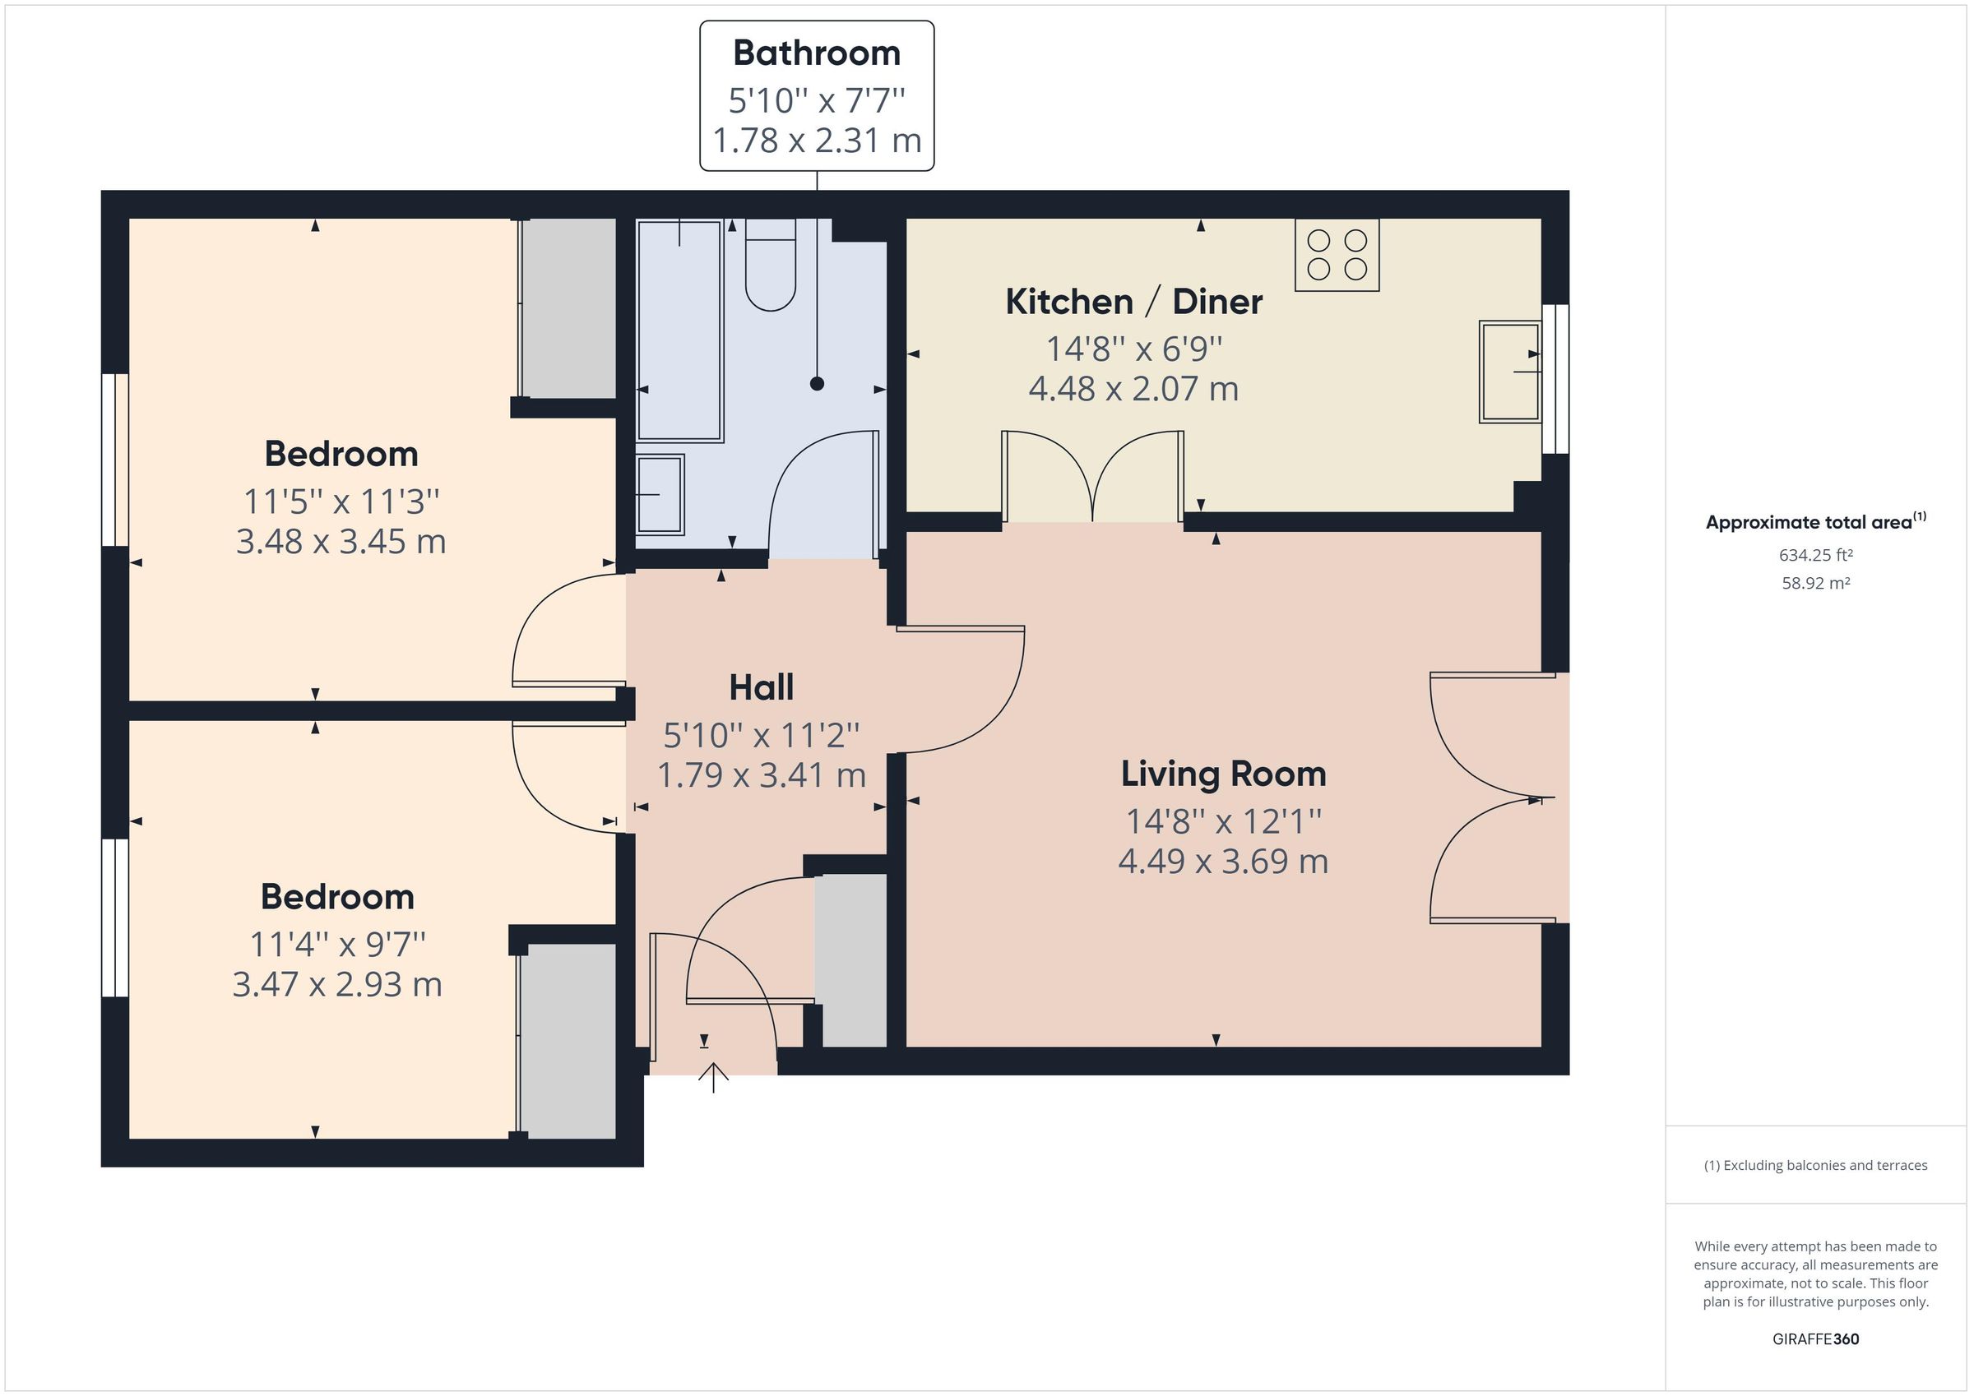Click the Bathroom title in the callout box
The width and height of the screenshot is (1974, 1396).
click(x=816, y=53)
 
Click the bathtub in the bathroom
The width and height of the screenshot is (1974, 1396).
click(x=679, y=331)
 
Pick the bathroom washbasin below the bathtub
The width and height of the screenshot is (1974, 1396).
click(x=660, y=494)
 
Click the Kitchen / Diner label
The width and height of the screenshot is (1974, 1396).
click(x=1133, y=302)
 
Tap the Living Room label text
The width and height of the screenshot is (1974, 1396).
click(x=1222, y=774)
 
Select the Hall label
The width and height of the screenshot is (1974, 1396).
click(x=761, y=686)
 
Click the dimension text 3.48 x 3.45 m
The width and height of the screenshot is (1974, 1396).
click(x=341, y=542)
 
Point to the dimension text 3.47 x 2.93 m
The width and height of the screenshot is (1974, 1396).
click(x=337, y=984)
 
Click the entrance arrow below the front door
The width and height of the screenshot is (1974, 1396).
click(x=714, y=1076)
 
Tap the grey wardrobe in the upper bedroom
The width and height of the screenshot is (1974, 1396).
click(x=568, y=307)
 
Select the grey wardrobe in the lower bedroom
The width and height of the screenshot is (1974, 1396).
click(x=568, y=1041)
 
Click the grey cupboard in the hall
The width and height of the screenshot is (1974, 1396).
click(x=850, y=960)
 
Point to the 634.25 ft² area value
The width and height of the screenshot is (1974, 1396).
click(x=1815, y=555)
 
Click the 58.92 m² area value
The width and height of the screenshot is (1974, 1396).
click(x=1815, y=583)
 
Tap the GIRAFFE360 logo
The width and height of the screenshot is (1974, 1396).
click(x=1815, y=1339)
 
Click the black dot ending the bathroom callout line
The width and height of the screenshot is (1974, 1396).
click(x=817, y=384)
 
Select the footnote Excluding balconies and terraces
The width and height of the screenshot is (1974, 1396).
click(x=1815, y=1166)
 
